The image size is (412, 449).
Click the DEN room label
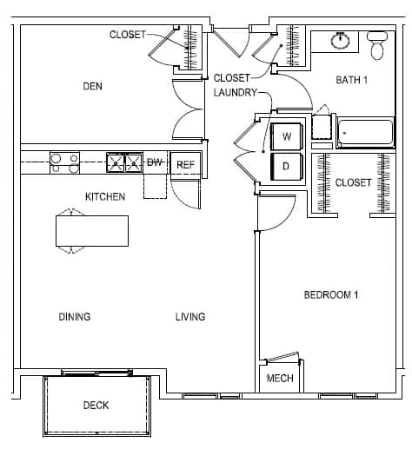[x=92, y=86]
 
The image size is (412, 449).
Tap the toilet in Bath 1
[x=377, y=45]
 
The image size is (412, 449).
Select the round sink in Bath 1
[x=340, y=40]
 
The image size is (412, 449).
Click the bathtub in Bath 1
[x=366, y=133]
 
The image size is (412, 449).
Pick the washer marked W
[x=287, y=136]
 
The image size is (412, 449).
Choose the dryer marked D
[x=287, y=166]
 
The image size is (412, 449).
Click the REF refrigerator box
[x=185, y=164]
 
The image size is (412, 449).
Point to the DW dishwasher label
[x=155, y=162]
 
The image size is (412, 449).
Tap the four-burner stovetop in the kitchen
[x=64, y=163]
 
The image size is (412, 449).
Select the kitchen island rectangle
[x=92, y=231]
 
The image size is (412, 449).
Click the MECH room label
[x=280, y=378]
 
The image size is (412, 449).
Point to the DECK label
[x=96, y=405]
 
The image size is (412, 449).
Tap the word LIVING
[x=190, y=316]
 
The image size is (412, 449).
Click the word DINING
[x=75, y=316]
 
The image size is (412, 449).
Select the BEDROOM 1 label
[x=331, y=294]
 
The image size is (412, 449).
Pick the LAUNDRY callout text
[x=236, y=92]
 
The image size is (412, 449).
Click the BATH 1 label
[x=352, y=80]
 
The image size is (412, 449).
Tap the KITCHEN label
[x=105, y=197]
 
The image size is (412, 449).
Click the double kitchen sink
[x=124, y=162]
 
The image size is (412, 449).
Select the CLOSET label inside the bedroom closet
[x=353, y=182]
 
